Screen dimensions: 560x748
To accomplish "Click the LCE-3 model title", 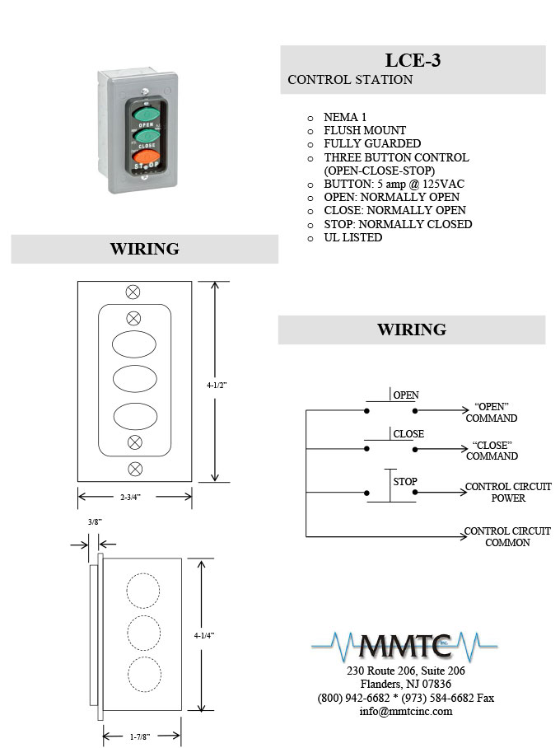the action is tap(413, 61).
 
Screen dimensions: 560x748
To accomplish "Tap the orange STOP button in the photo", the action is tap(146, 156).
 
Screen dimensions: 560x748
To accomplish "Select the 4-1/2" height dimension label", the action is tap(217, 385).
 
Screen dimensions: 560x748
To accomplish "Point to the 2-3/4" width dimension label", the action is tap(130, 497).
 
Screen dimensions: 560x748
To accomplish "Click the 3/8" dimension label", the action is tap(95, 522).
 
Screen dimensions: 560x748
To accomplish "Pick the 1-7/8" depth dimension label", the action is tap(140, 736).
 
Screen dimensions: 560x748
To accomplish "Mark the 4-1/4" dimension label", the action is tap(204, 635).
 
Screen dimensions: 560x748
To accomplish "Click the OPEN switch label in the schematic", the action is tap(406, 395).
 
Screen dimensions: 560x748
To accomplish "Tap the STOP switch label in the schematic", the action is tap(405, 482).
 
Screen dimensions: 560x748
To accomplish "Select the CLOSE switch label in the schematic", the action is tap(408, 433).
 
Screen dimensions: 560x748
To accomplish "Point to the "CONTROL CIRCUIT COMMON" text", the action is tap(507, 536).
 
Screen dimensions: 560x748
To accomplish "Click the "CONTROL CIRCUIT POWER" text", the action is tap(508, 493).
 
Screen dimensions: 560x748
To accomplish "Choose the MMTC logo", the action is tap(404, 646).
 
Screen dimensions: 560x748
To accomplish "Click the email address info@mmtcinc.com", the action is tap(406, 711).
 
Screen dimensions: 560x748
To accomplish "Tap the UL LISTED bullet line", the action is tap(353, 237).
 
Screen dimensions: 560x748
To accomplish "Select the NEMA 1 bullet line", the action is tap(345, 117).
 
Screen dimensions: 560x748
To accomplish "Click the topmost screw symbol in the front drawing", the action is tap(133, 292).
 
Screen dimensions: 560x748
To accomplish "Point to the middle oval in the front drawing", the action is tap(135, 379).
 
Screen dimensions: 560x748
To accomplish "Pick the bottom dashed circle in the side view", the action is tap(145, 675).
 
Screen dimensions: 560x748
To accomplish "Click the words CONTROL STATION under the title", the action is tap(350, 80).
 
